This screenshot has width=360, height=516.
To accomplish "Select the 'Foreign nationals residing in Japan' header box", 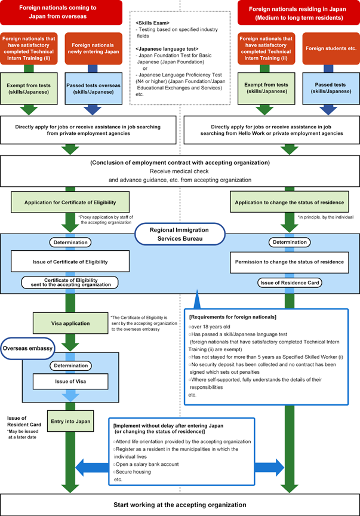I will [299, 12].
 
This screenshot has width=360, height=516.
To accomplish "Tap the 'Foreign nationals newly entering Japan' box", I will [93, 48].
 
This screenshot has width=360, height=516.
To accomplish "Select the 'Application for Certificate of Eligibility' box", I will [70, 202].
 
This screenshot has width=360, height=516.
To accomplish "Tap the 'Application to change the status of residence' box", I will [288, 202].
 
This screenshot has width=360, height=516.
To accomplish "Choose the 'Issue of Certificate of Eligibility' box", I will [70, 261].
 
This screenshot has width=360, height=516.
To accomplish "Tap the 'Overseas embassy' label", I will [28, 348].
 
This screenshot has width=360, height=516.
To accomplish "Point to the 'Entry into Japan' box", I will [70, 421].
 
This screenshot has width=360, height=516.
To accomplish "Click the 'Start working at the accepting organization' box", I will [180, 505].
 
